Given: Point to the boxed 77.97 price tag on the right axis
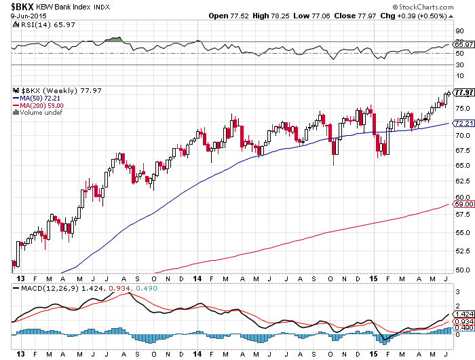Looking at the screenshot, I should [464, 92].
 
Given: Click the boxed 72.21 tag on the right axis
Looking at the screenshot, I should [463, 123].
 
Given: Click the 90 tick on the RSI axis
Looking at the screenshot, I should [459, 31].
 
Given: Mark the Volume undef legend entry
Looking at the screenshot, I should [38, 113].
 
